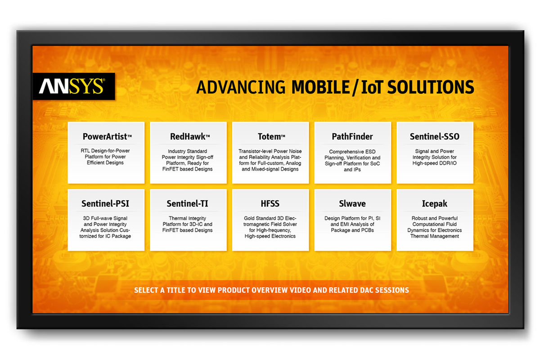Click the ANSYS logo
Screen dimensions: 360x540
pyautogui.click(x=72, y=86)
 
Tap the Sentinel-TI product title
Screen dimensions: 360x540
pyautogui.click(x=187, y=204)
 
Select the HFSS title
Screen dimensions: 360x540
pyautogui.click(x=270, y=204)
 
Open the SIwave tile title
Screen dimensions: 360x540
pyautogui.click(x=352, y=204)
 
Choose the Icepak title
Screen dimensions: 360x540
pyautogui.click(x=435, y=204)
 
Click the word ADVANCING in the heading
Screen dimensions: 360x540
pyautogui.click(x=241, y=87)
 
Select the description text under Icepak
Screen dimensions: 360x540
pyautogui.click(x=435, y=227)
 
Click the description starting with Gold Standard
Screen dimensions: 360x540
pyautogui.click(x=270, y=227)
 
